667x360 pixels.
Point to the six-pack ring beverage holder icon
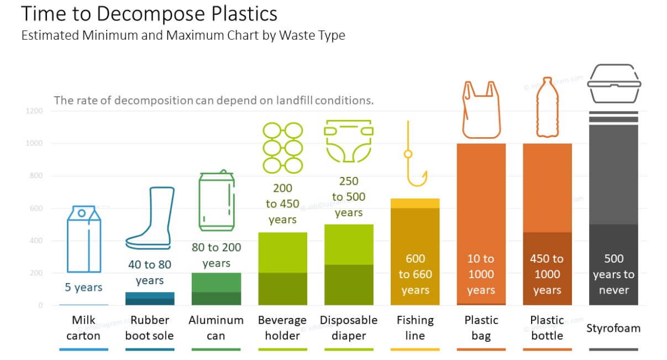point(282,148)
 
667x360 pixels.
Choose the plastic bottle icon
point(547,107)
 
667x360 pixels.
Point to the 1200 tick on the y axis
point(34,111)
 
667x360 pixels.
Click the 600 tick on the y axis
point(36,208)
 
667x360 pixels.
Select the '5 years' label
point(83,288)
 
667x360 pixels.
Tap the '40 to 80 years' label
point(150,273)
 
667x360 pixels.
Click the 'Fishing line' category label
point(415,328)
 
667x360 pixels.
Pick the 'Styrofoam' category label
point(613,328)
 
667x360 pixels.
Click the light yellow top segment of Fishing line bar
point(415,204)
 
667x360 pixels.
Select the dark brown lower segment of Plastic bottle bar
point(547,269)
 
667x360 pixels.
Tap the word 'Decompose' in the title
point(151,14)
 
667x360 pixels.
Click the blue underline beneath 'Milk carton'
point(83,349)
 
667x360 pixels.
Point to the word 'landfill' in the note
point(294,101)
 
